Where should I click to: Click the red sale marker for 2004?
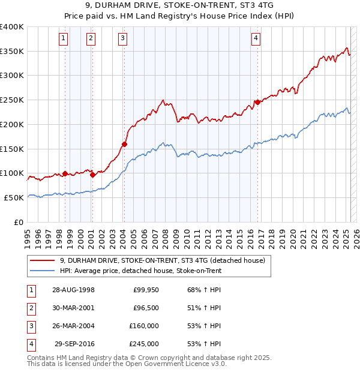click(x=124, y=144)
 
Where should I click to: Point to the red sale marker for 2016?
click(x=257, y=102)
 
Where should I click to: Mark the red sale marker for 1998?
click(x=65, y=173)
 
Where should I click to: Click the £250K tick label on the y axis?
click(x=12, y=100)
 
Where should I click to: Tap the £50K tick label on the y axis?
click(x=14, y=197)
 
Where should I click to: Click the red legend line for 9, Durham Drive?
click(x=43, y=261)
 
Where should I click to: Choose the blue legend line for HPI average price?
click(x=43, y=271)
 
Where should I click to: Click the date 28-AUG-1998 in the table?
click(x=73, y=290)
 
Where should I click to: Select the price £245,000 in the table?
click(x=144, y=344)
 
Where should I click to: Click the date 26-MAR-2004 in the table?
click(x=73, y=326)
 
